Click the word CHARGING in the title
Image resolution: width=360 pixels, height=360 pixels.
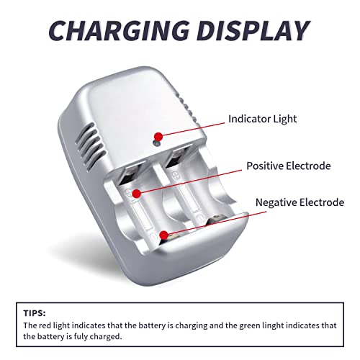pos(119,31)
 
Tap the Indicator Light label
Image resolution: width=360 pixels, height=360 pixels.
pos(262,119)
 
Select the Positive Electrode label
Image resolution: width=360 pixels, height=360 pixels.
pos(289,166)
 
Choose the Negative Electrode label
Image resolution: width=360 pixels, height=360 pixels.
pos(300,202)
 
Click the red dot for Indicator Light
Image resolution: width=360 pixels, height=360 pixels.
pos(158,137)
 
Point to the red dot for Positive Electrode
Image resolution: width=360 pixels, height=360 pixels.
pos(137,194)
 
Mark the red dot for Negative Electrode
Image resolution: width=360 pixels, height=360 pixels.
pos(164,235)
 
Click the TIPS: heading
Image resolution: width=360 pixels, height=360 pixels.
pos(35,313)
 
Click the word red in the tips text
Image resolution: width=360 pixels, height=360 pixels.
pos(45,325)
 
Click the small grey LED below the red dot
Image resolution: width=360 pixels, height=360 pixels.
pos(157,144)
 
